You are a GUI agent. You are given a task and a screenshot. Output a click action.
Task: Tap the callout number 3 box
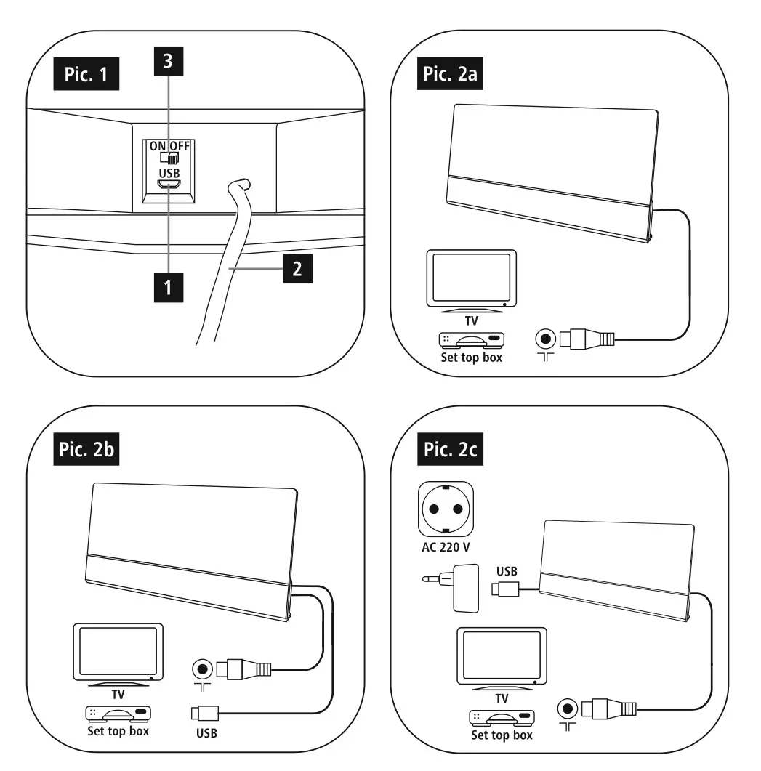[x=168, y=62]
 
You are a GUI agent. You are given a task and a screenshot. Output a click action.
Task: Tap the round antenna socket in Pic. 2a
[x=545, y=338]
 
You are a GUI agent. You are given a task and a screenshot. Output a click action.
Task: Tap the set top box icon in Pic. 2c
[x=501, y=718]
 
